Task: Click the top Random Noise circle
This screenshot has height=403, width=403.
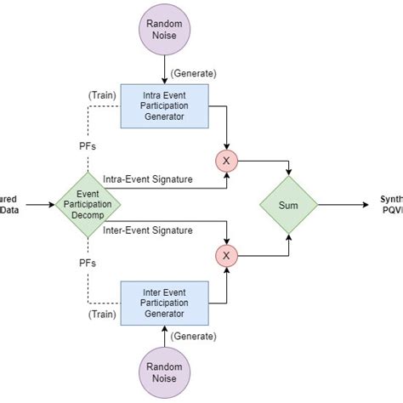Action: (163, 30)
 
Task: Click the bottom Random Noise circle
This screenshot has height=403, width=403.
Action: (163, 372)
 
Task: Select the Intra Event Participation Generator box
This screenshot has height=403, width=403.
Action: (163, 105)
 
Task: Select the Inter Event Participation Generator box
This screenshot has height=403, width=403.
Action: (163, 302)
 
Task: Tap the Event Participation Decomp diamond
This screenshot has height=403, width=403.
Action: (88, 204)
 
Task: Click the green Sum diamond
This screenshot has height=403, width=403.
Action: (288, 205)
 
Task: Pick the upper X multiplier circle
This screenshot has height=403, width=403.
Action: (226, 160)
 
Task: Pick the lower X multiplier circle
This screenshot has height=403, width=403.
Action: (226, 253)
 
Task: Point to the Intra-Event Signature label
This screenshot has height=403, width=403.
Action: (147, 179)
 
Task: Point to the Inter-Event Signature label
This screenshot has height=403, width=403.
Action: (147, 230)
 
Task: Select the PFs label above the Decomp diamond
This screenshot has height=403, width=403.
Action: (88, 146)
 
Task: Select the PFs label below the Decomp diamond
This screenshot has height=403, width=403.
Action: (88, 263)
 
